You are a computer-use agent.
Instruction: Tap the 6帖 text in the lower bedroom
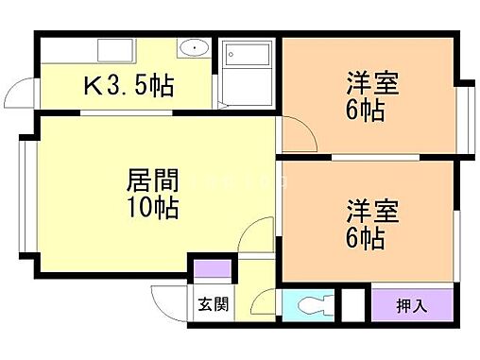click(x=365, y=237)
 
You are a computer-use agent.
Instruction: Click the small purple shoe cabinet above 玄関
click(x=213, y=268)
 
